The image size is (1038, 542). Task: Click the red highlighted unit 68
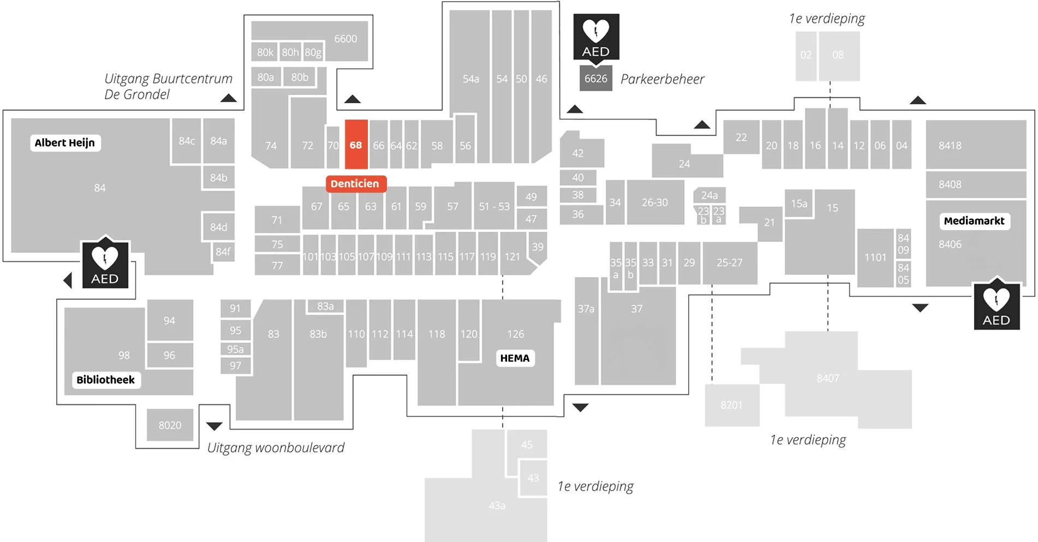pyautogui.click(x=356, y=145)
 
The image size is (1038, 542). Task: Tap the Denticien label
pyautogui.click(x=355, y=184)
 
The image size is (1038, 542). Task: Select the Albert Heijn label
pyautogui.click(x=65, y=143)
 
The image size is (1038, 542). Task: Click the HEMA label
pyautogui.click(x=515, y=358)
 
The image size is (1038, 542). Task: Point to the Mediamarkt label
pyautogui.click(x=974, y=221)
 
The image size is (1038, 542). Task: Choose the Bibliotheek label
pyautogui.click(x=106, y=380)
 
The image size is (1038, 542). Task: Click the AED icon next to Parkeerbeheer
pyautogui.click(x=596, y=37)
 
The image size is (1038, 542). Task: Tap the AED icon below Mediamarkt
pyautogui.click(x=997, y=305)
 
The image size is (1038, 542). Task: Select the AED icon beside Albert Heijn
pyautogui.click(x=105, y=264)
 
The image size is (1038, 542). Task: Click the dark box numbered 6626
pyautogui.click(x=595, y=79)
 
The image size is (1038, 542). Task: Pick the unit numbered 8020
pyautogui.click(x=170, y=425)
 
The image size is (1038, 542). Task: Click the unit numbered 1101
pyautogui.click(x=875, y=257)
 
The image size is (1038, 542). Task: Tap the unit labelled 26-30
pyautogui.click(x=655, y=203)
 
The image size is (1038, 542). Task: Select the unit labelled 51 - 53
pyautogui.click(x=494, y=207)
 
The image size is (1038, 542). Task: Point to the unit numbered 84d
pyautogui.click(x=218, y=227)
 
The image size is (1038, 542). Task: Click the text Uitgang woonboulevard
pyautogui.click(x=276, y=447)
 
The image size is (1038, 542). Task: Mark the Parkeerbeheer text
pyautogui.click(x=662, y=79)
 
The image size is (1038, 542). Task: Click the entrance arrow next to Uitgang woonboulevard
pyautogui.click(x=214, y=426)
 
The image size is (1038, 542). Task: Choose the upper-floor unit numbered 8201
pyautogui.click(x=731, y=405)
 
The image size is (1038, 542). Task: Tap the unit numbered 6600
pyautogui.click(x=345, y=39)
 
